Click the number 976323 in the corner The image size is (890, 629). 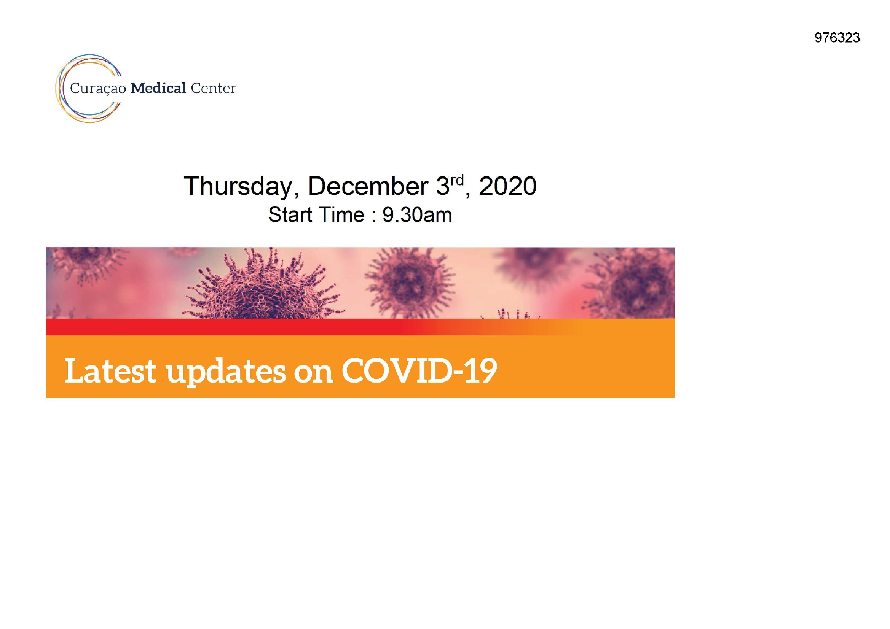click(x=837, y=38)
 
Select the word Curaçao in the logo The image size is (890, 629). click(x=98, y=89)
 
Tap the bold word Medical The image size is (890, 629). click(x=158, y=88)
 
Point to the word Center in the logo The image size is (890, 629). click(x=213, y=88)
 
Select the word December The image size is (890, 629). click(x=368, y=186)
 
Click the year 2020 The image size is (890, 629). click(x=508, y=186)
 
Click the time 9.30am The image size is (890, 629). click(x=417, y=215)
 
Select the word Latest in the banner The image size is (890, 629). click(x=110, y=371)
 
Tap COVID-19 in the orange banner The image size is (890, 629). click(x=419, y=371)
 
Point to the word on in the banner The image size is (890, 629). click(x=313, y=374)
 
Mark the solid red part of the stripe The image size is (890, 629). click(x=225, y=327)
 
